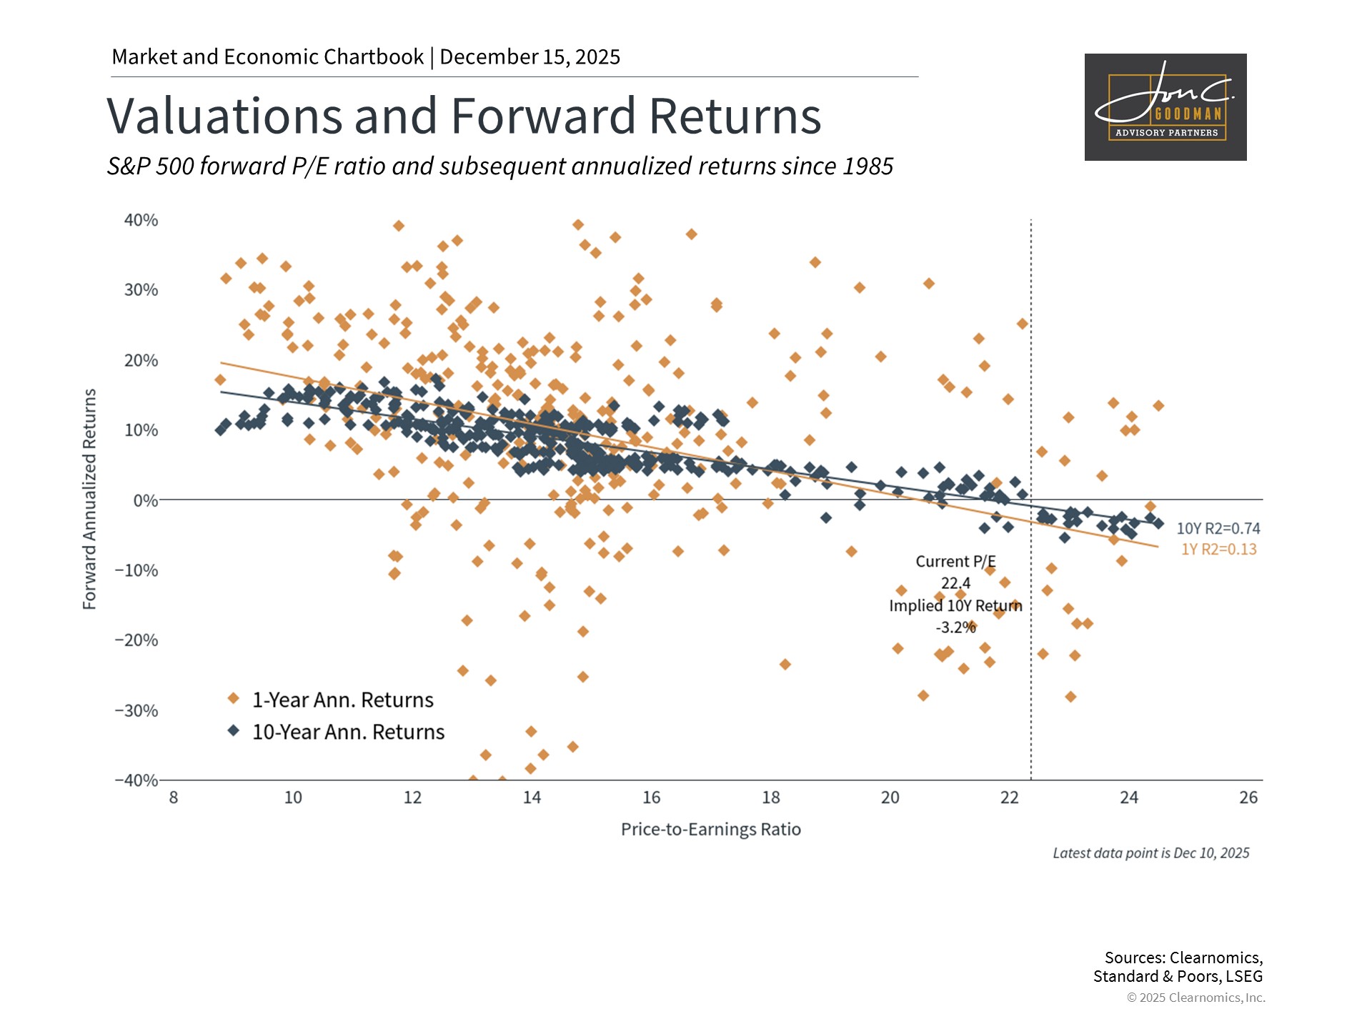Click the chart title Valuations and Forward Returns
coord(464,116)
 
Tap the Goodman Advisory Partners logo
coord(1165,107)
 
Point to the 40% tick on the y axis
coord(141,220)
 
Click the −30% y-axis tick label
coord(136,710)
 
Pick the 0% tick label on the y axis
coord(146,500)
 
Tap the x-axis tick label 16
coord(651,797)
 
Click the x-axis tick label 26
coord(1248,797)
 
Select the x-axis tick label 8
coord(174,797)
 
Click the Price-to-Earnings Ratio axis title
coord(711,829)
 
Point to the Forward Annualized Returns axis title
coord(89,499)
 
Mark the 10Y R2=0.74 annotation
coord(1218,529)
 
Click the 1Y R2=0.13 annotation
coord(1219,550)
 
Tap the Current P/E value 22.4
coord(955,583)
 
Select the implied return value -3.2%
coord(955,627)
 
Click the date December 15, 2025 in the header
coord(530,57)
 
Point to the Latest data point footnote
coord(1151,853)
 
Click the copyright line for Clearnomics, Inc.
coord(1196,998)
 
